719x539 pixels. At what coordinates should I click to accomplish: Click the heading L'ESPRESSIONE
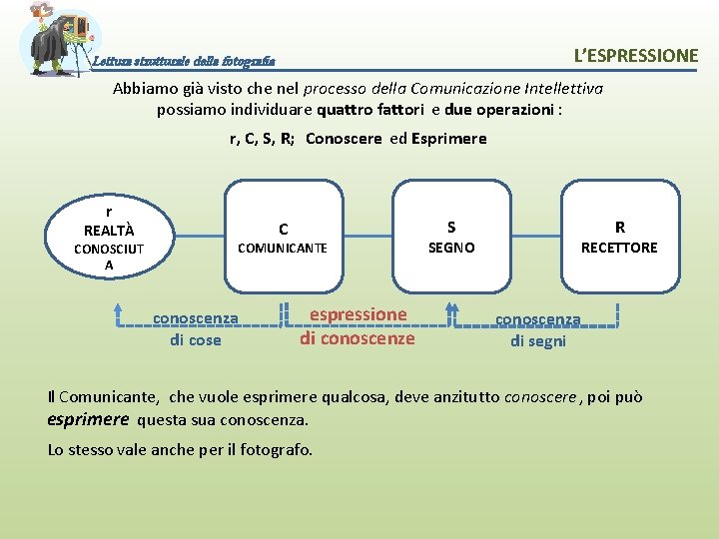(x=635, y=56)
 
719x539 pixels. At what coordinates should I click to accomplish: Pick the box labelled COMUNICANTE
(x=282, y=238)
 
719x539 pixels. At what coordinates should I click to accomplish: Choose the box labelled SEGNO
(x=451, y=238)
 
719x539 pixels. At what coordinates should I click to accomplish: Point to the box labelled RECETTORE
(x=619, y=238)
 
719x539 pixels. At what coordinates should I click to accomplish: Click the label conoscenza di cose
(x=195, y=329)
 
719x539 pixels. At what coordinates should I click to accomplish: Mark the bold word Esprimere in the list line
(x=448, y=139)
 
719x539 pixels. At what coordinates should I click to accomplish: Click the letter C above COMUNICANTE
(x=284, y=229)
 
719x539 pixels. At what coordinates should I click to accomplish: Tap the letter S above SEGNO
(x=451, y=227)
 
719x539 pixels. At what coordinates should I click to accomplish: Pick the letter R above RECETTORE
(x=620, y=227)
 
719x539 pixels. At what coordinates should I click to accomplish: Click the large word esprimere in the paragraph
(x=88, y=419)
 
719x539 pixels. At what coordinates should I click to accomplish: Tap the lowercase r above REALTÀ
(x=108, y=212)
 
